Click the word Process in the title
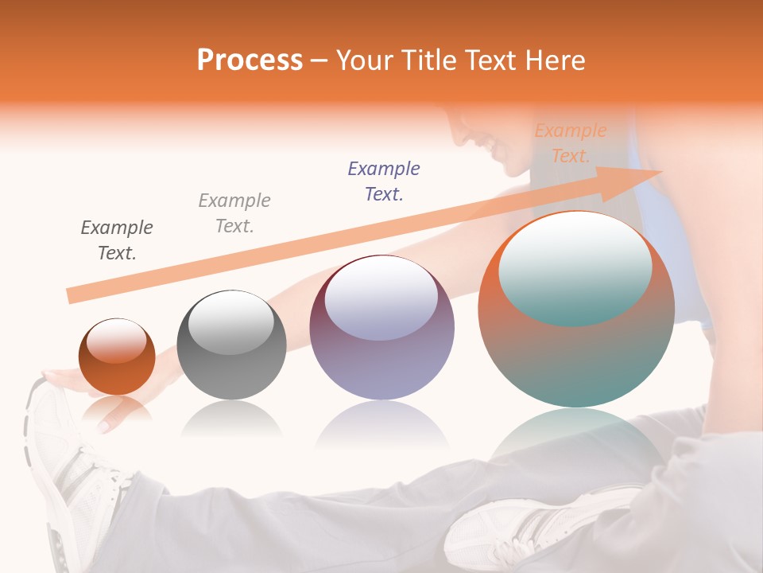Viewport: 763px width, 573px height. point(250,60)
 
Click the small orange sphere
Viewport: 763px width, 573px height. point(117,357)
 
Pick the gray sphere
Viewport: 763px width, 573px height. point(231,345)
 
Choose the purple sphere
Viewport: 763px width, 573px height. point(381,327)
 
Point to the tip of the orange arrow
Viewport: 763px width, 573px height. point(661,172)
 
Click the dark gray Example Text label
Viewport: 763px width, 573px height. point(117,240)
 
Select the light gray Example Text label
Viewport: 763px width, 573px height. point(234,213)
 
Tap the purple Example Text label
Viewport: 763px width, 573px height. point(384,181)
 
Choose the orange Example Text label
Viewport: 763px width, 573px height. point(570,143)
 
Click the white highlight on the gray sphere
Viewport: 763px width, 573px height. point(231,322)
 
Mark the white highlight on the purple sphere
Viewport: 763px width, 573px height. point(381,295)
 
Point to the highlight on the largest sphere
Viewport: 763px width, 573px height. point(575,267)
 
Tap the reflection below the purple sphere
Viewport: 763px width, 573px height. point(381,426)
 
